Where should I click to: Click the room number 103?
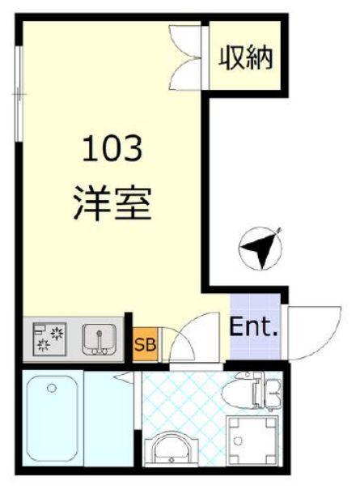[x=113, y=149]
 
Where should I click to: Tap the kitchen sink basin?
[x=100, y=338]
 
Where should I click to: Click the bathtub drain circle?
[x=52, y=389]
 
